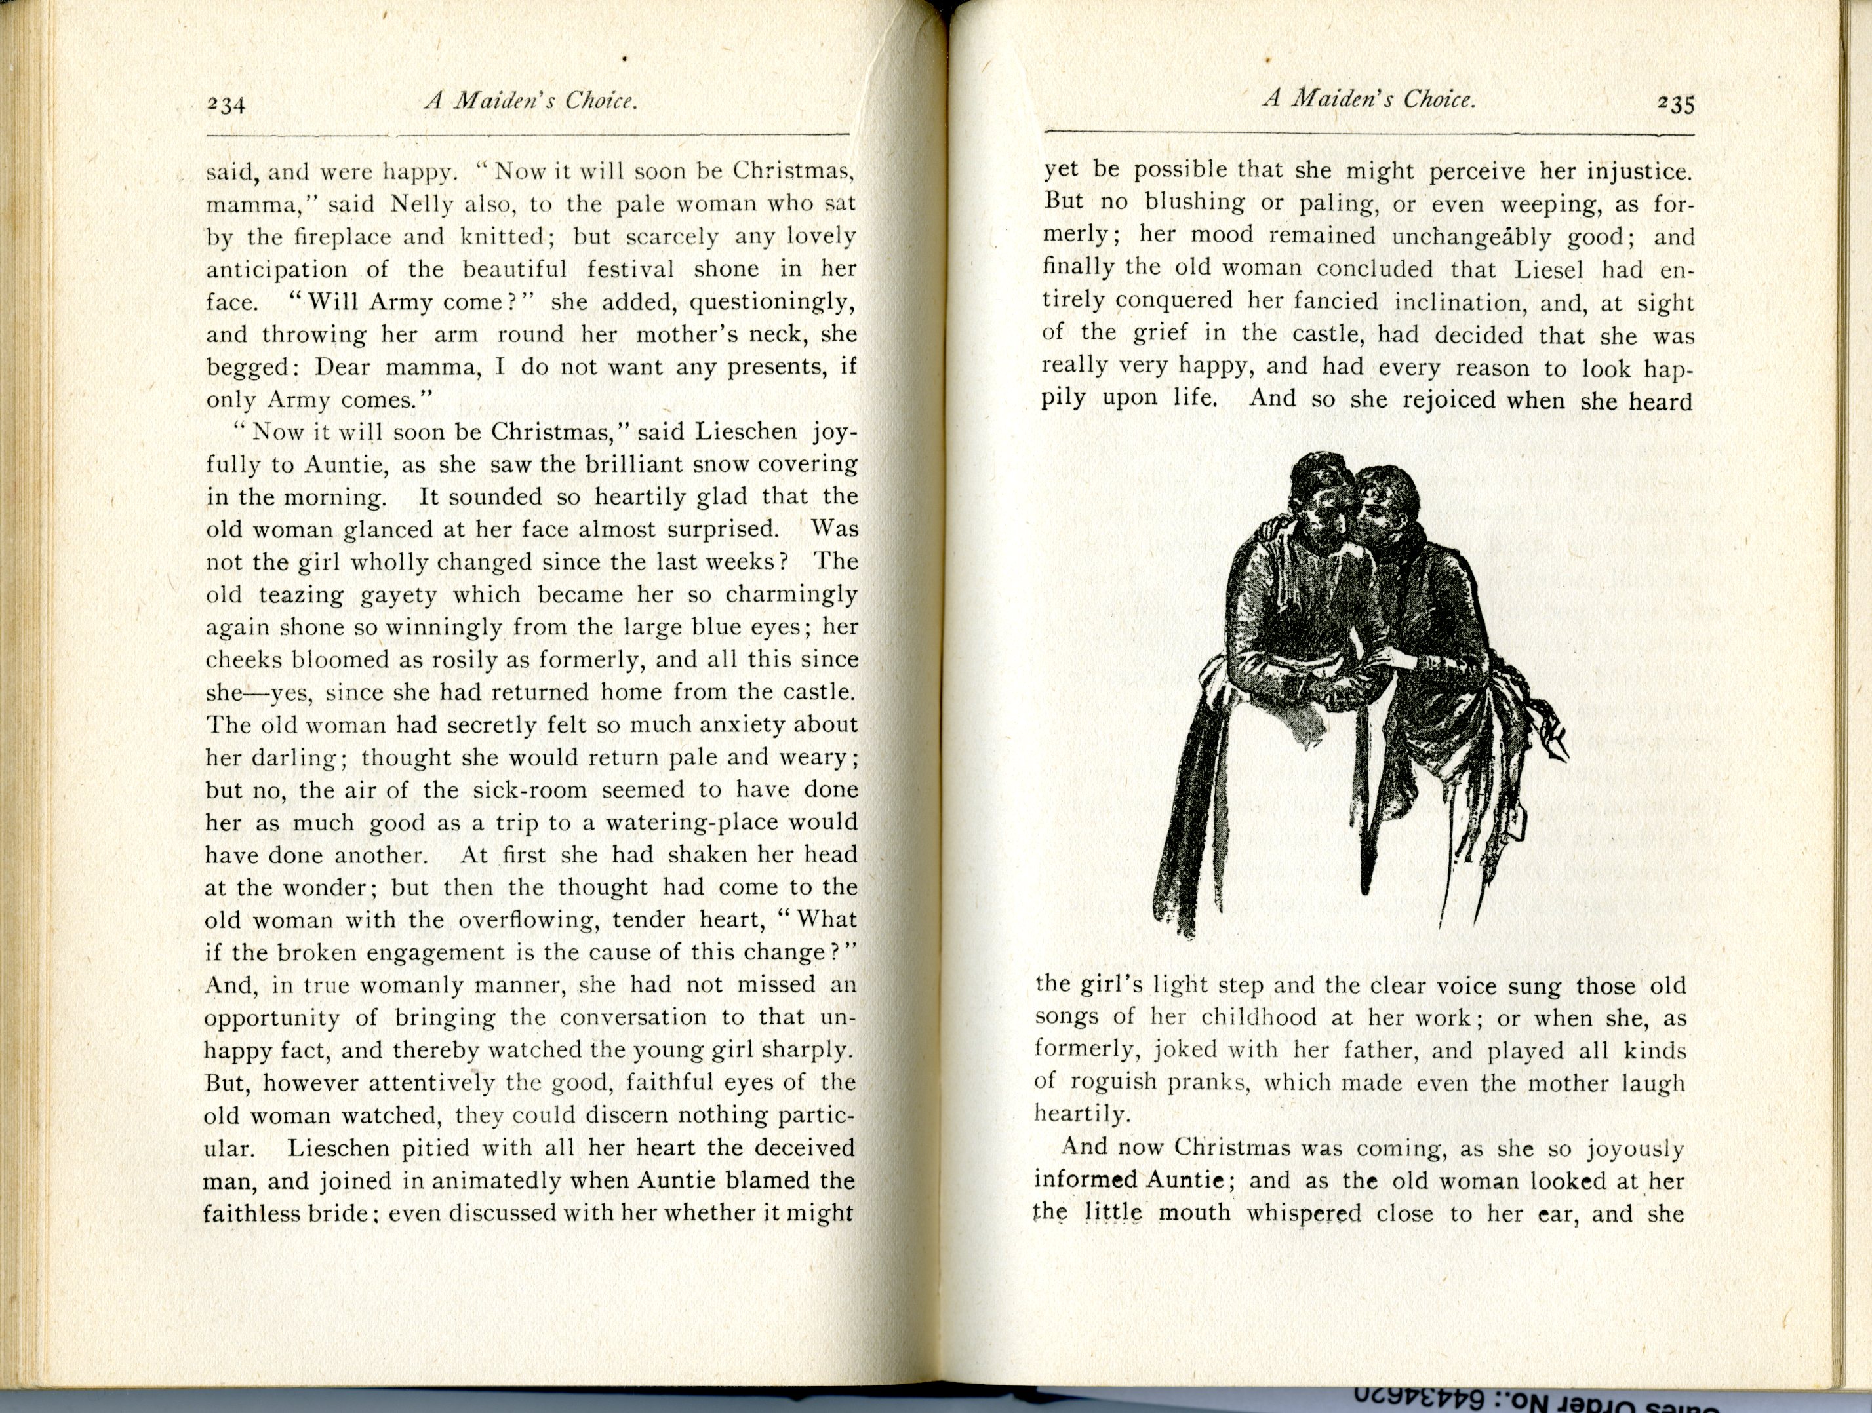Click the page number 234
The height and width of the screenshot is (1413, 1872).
coord(226,105)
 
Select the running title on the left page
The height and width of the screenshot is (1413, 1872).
coord(530,102)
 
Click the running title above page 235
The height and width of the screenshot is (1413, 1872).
coord(1368,100)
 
